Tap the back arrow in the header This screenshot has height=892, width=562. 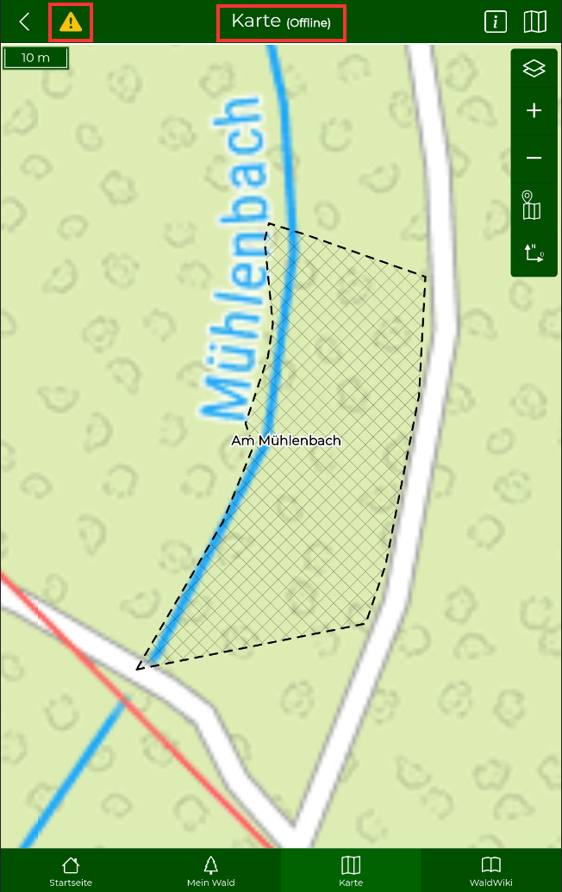pos(24,22)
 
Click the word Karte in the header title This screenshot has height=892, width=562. pos(256,22)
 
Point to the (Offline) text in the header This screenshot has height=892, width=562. pos(308,23)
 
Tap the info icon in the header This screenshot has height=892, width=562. pos(496,22)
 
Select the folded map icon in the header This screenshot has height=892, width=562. pos(535,22)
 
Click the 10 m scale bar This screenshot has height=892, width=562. pos(35,58)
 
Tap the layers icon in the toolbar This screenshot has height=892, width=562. pos(534,69)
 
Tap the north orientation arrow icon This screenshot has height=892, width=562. pos(534,253)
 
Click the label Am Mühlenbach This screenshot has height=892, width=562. pos(286,440)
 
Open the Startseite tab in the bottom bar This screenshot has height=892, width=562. pos(71,870)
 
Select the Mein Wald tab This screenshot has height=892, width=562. pos(210,870)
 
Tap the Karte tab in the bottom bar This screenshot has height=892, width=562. pos(351,870)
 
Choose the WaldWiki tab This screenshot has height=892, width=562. pos(490,870)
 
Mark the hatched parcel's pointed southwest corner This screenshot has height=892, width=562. pos(138,667)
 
